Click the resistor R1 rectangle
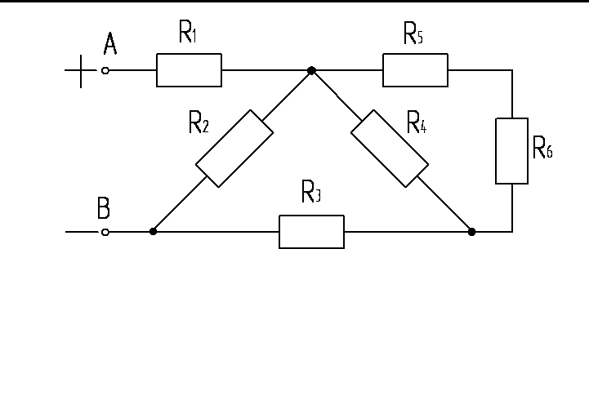(189, 70)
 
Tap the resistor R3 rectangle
(311, 232)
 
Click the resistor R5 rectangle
(415, 70)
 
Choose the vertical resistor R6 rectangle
(512, 151)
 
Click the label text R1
(188, 33)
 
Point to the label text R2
(199, 123)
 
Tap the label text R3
(311, 193)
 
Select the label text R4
(417, 124)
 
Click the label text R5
(413, 33)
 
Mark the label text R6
(542, 148)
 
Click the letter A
(109, 45)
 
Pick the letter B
(104, 209)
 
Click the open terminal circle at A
(105, 71)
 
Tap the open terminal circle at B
(105, 232)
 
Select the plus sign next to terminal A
(80, 71)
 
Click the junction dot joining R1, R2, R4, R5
(311, 71)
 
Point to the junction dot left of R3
(153, 232)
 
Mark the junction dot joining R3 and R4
(471, 232)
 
